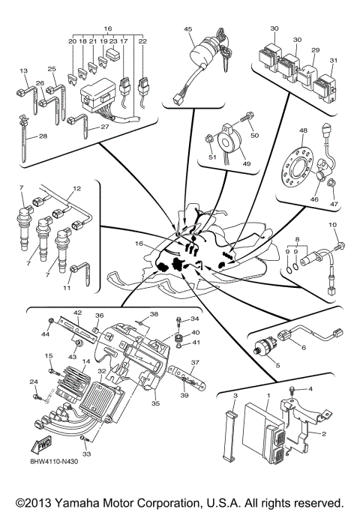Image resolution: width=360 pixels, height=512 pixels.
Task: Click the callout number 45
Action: pos(187,30)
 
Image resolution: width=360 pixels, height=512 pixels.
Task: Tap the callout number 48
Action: pos(303,130)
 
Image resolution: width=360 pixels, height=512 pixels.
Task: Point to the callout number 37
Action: pos(193,361)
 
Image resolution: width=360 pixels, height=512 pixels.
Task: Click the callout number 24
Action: pos(32,382)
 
